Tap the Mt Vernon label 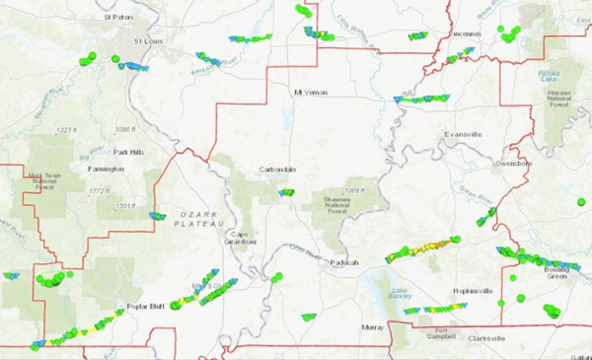click(310, 93)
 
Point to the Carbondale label click(280, 169)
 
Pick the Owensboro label click(513, 163)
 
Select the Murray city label click(372, 326)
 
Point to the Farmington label click(106, 169)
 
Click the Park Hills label click(128, 152)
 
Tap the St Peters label click(118, 17)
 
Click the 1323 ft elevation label click(67, 130)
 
